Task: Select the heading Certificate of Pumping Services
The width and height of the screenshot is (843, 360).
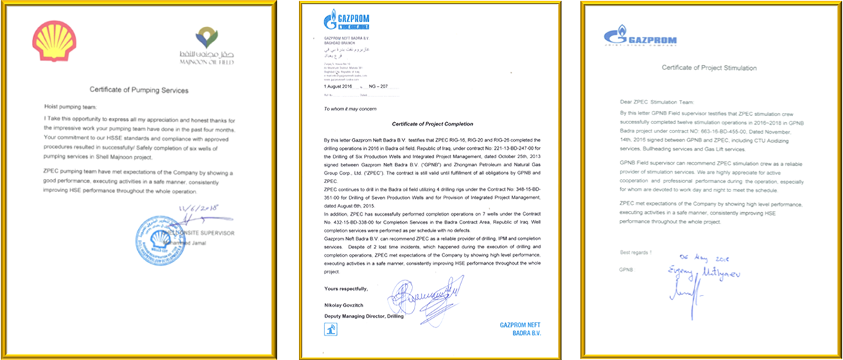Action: (139, 90)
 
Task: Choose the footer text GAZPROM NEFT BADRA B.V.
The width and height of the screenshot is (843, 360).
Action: (518, 327)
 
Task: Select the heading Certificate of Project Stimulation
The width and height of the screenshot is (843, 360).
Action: (709, 69)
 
